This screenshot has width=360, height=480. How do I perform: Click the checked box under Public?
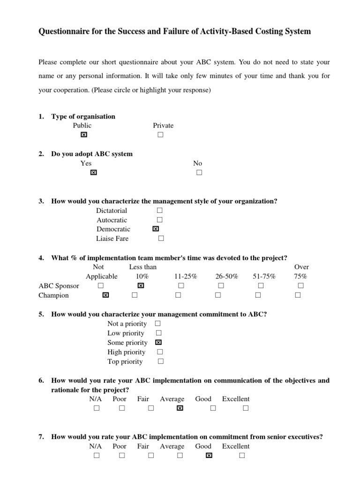tap(83, 135)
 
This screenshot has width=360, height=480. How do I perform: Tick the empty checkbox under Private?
tap(160, 135)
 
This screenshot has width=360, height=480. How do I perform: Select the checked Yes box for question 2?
tap(93, 172)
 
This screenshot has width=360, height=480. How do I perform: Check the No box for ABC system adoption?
tap(199, 172)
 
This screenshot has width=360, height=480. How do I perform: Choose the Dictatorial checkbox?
tap(160, 210)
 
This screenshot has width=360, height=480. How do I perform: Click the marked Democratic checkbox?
tap(156, 229)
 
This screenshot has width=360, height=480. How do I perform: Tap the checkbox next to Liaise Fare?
tap(161, 239)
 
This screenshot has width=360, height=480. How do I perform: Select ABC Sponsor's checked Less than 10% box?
tap(140, 285)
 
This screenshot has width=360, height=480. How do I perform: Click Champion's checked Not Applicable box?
tap(105, 295)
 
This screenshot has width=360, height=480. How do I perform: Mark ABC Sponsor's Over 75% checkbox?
tap(301, 285)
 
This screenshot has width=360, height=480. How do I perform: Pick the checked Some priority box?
tap(158, 343)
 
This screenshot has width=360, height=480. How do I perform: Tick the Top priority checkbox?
tap(160, 361)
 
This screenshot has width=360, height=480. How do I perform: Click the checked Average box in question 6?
tap(180, 408)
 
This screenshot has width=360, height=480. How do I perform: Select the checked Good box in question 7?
tap(209, 455)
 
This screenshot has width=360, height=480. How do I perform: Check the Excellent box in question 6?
tap(245, 408)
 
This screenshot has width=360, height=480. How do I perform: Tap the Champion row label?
tap(53, 295)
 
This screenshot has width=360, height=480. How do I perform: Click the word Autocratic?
tap(112, 220)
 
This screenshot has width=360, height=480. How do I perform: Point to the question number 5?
tap(41, 314)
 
